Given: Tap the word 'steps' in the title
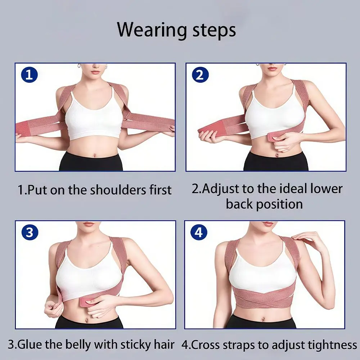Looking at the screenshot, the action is click(214, 30).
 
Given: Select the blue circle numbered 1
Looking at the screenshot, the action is click(30, 75).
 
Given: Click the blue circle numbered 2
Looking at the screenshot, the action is click(200, 75).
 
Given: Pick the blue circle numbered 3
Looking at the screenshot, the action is click(30, 232).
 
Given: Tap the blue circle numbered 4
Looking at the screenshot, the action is click(199, 232).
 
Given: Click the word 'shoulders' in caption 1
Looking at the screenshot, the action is click(118, 190).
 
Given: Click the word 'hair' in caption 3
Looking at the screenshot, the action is click(164, 345).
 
